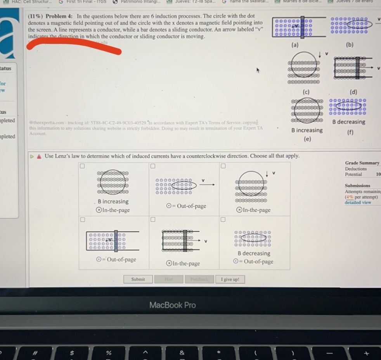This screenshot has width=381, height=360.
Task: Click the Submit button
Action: pos(138,279)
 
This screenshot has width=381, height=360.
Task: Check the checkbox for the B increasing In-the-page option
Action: pos(82,166)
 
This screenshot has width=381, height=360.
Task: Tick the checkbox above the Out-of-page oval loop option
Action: pos(153,166)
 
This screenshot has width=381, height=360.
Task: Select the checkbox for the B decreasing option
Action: pos(223,219)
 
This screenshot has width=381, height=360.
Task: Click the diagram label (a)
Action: pos(295,45)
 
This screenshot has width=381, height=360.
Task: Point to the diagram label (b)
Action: pos(350,45)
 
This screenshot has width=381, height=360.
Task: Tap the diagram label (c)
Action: pos(307,92)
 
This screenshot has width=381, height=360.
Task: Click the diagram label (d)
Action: pos(353,92)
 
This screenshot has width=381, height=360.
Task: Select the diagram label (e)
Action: pos(307,139)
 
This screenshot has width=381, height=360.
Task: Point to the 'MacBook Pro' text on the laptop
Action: pos(173,305)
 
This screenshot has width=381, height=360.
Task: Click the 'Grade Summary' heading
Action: pos(362,163)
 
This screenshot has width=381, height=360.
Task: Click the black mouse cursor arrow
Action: pos(258,70)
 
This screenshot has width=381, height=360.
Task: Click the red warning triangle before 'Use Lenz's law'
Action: pos(39,156)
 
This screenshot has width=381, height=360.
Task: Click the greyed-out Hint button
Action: pos(168,279)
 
